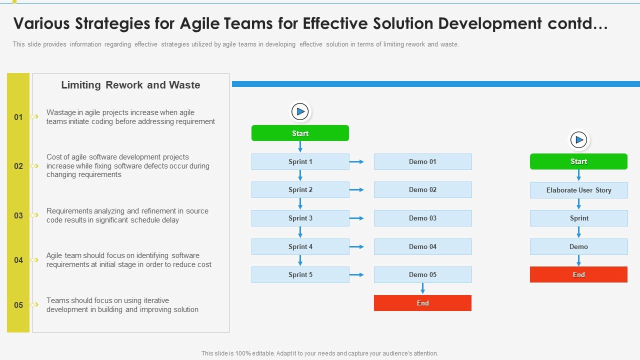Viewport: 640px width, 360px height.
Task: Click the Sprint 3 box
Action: tap(300, 218)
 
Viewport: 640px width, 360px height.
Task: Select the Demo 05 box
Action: tap(422, 275)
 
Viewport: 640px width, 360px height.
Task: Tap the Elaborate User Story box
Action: tap(578, 190)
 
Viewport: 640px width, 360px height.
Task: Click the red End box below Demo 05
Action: tap(422, 303)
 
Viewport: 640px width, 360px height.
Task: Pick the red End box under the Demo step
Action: tap(578, 274)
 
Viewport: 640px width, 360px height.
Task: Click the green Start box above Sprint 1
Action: tap(300, 133)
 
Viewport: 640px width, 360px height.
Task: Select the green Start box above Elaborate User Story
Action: tap(578, 161)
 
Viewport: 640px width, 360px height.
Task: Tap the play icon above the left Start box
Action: tap(300, 111)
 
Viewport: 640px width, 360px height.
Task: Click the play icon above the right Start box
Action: tap(578, 140)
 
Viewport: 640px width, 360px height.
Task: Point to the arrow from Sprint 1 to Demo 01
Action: tap(356, 162)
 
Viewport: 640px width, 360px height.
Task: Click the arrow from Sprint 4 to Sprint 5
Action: tap(300, 260)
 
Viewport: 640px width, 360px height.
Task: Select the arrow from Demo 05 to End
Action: tap(422, 288)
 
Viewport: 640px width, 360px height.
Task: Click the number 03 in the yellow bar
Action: tap(18, 216)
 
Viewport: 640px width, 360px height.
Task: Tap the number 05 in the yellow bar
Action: tap(18, 305)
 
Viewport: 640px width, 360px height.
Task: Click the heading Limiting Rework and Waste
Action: tap(130, 85)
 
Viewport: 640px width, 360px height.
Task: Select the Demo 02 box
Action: tap(422, 190)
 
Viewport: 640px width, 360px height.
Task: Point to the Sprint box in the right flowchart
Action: tap(578, 218)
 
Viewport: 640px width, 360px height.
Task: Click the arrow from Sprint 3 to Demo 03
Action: tap(356, 218)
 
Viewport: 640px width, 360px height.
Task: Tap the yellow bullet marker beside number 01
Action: tap(34, 117)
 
